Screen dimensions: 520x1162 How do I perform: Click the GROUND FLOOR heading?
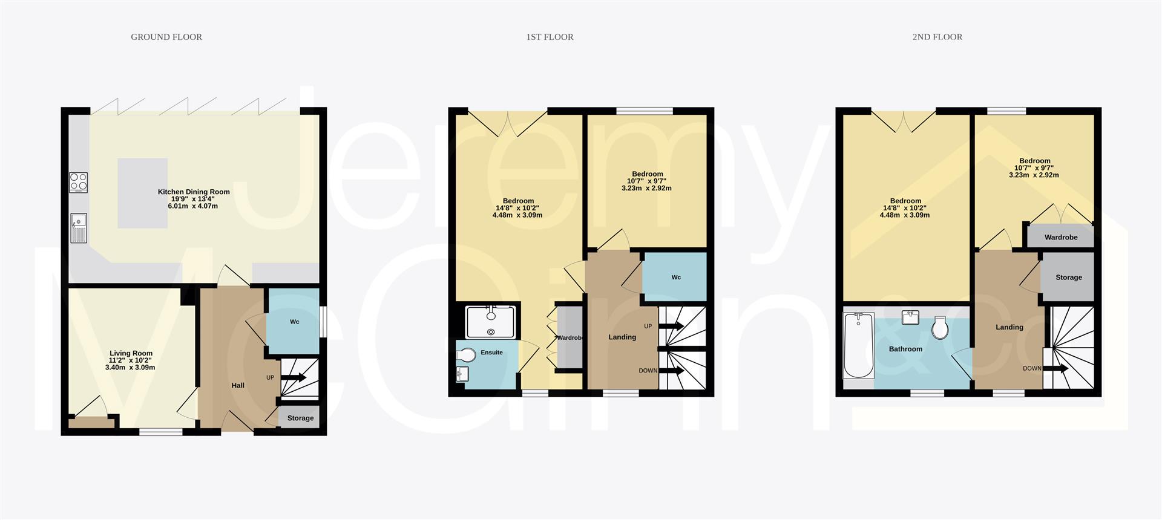tap(166, 37)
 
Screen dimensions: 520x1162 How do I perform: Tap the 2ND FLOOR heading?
tap(937, 37)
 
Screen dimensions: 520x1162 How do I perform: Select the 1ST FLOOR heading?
tap(550, 37)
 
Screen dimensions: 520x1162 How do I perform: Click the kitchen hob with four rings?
tap(78, 182)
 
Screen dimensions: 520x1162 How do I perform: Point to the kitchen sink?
tap(79, 228)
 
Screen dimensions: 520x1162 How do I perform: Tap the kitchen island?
tap(143, 193)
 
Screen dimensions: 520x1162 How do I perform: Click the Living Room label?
tap(131, 353)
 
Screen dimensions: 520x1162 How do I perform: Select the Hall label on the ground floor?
tap(238, 385)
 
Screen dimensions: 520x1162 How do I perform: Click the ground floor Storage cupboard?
tap(300, 418)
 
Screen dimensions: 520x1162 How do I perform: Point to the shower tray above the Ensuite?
tap(490, 321)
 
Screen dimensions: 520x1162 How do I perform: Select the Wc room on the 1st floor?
tap(675, 277)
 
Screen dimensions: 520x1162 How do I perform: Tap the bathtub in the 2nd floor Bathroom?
tap(858, 345)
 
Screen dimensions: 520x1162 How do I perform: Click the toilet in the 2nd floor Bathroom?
tap(940, 328)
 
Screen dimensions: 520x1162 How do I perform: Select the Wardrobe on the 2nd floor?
tap(1060, 237)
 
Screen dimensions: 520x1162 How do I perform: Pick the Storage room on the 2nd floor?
tap(1068, 277)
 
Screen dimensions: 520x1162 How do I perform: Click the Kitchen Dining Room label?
tap(194, 192)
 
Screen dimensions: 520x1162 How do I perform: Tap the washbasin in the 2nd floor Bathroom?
tap(910, 317)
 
